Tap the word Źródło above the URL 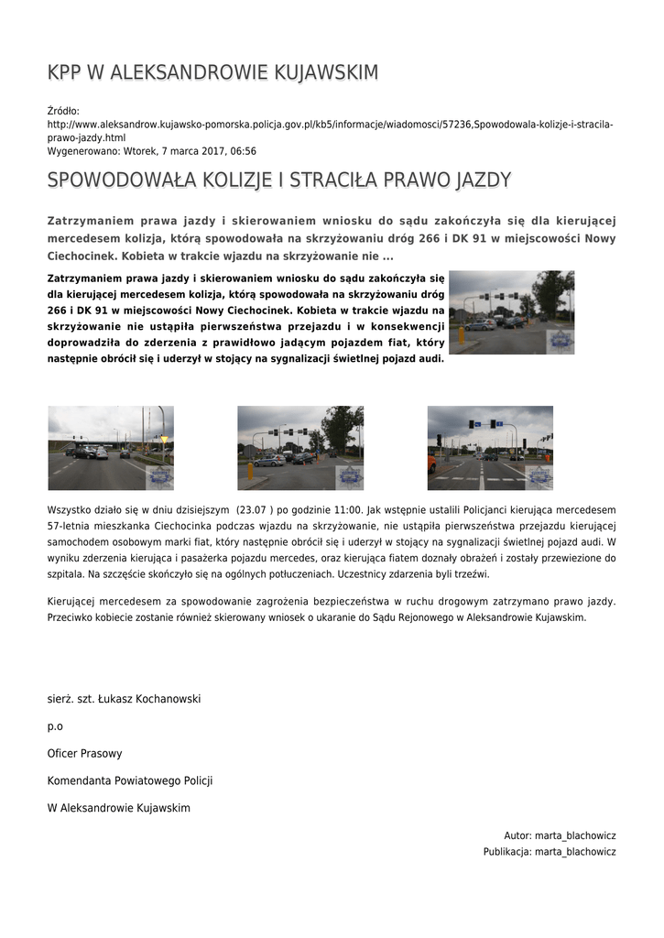[63, 111]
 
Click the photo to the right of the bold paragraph [511, 312]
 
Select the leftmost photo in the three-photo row [111, 448]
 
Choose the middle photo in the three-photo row [300, 448]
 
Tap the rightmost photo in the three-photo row [490, 448]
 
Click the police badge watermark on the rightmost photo [539, 477]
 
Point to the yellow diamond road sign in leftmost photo [164, 440]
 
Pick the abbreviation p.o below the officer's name [55, 726]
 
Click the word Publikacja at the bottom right [506, 852]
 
